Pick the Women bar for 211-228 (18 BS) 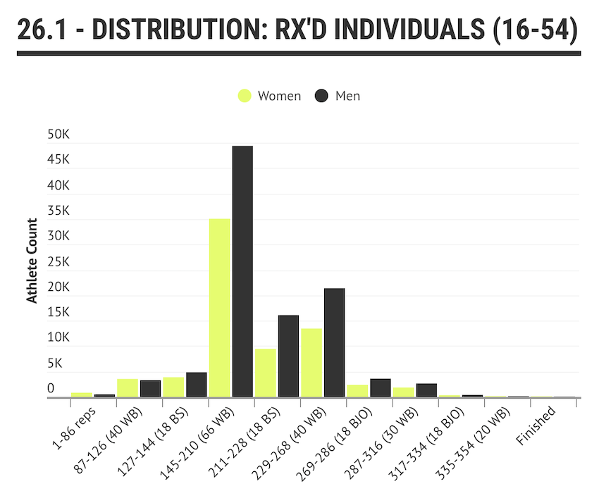pos(266,373)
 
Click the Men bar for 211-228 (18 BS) pos(288,356)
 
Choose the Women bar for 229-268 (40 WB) pos(311,363)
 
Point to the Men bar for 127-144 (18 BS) pos(197,385)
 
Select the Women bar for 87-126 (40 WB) pos(128,388)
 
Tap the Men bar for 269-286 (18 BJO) pos(381,388)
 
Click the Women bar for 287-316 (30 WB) pos(404,392)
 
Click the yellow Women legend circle pos(245,96)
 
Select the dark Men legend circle pos(323,96)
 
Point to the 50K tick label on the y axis pos(59,134)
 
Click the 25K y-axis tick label pos(59,261)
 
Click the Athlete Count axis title pos(31,261)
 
